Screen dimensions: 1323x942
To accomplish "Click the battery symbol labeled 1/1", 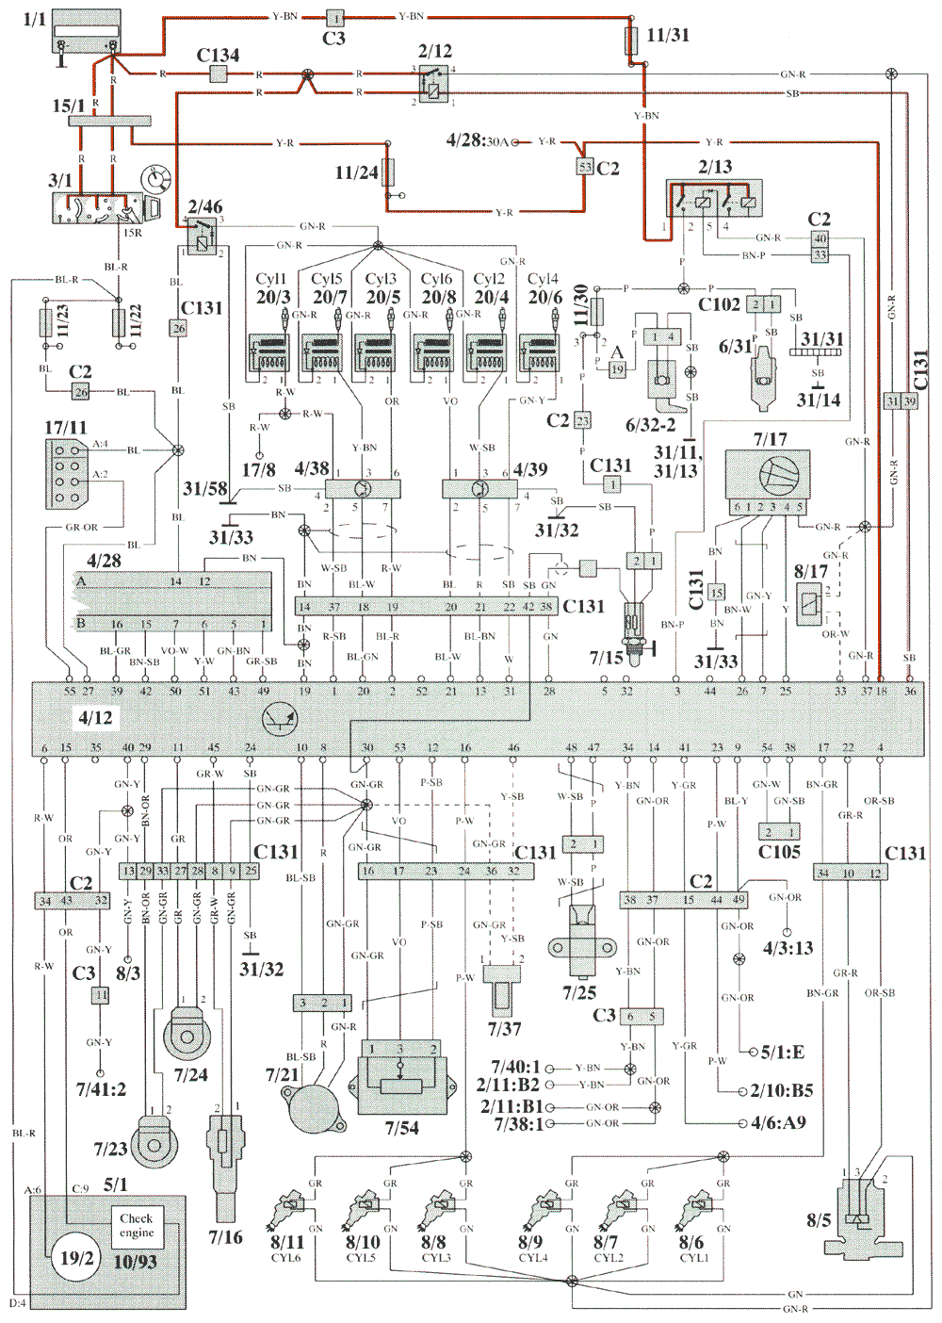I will pyautogui.click(x=87, y=33).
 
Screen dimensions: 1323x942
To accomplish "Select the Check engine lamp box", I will pyautogui.click(x=136, y=1225).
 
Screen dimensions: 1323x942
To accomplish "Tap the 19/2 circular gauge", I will pyautogui.click(x=76, y=1258).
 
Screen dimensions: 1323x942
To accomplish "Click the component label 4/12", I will pyautogui.click(x=95, y=718).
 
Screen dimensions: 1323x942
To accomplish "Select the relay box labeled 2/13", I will pyautogui.click(x=714, y=199).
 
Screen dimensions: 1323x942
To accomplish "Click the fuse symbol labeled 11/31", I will pyautogui.click(x=632, y=40).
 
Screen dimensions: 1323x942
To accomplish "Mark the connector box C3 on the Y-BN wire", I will pyautogui.click(x=335, y=17).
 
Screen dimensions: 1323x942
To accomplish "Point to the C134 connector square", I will pyautogui.click(x=219, y=74).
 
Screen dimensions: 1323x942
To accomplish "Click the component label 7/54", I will pyautogui.click(x=401, y=1128).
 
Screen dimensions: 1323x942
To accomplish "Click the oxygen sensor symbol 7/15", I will pyautogui.click(x=633, y=627).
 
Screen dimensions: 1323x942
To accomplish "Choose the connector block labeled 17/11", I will pyautogui.click(x=67, y=474).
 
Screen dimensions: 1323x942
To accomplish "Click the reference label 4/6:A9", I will pyautogui.click(x=778, y=1123).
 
